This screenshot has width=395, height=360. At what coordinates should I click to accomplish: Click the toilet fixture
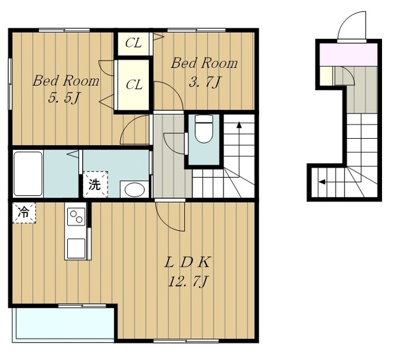click(x=204, y=129)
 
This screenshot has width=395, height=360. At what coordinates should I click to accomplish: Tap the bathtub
click(x=28, y=173)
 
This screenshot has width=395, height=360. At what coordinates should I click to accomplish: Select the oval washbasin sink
click(x=135, y=190)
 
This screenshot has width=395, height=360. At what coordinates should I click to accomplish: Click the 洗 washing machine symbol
click(x=95, y=184)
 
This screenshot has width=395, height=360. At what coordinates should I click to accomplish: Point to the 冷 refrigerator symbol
click(x=24, y=213)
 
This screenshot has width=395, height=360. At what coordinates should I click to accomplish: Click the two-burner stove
click(x=77, y=216)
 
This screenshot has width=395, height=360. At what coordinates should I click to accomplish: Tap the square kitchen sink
click(x=76, y=248)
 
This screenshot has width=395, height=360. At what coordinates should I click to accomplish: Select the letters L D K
click(x=187, y=263)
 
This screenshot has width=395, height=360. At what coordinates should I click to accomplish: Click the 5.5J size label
click(x=64, y=98)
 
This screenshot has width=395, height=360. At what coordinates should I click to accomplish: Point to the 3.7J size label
click(x=204, y=82)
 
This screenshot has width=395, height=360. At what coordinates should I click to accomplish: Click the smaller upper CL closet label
click(x=133, y=43)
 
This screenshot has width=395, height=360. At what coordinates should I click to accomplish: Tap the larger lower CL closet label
click(x=134, y=85)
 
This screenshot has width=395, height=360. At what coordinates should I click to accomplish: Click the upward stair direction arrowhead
click(x=239, y=125)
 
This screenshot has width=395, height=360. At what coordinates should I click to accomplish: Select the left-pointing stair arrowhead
click(x=322, y=182)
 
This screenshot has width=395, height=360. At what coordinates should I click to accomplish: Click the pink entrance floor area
click(x=349, y=55)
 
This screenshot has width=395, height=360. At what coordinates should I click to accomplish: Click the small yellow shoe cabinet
click(x=326, y=76)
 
